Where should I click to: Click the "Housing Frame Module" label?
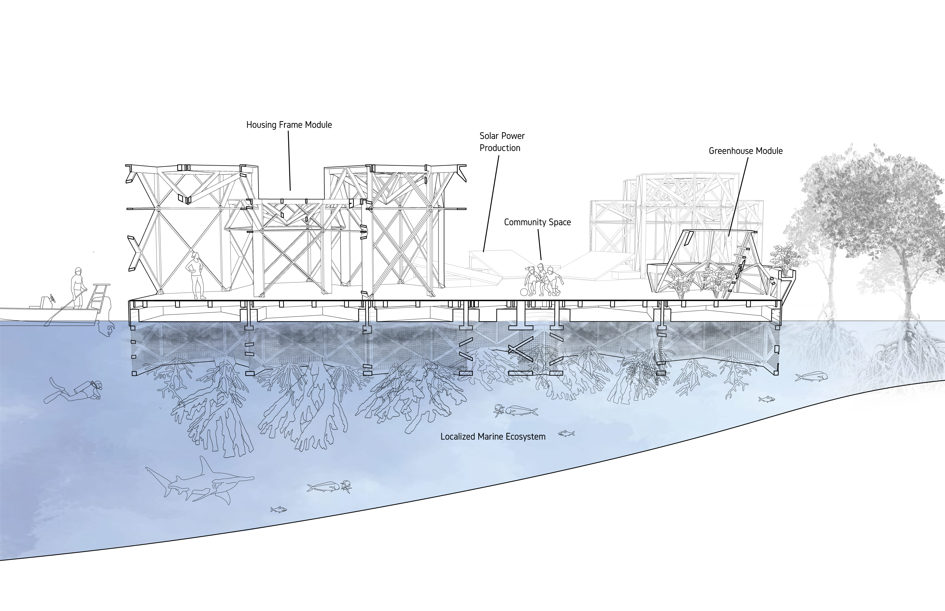coord(289,125)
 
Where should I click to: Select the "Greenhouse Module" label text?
coord(746,151)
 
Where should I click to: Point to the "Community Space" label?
coord(537,222)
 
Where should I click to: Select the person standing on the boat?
coord(77,288)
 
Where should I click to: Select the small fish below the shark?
coord(279,509)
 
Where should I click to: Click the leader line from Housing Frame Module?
coord(289,161)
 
